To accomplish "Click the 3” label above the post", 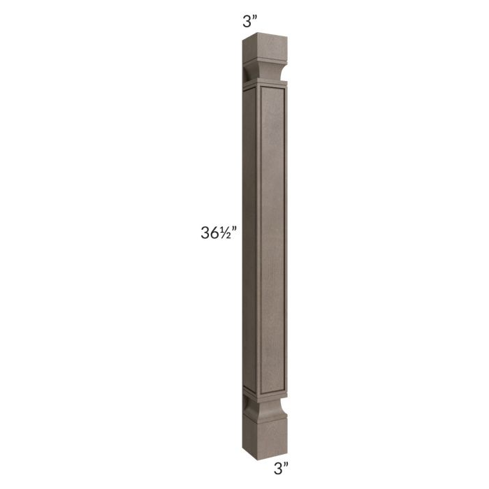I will [x=249, y=21].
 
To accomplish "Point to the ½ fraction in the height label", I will [x=231, y=235].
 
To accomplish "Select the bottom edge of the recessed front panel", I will [x=268, y=386].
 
